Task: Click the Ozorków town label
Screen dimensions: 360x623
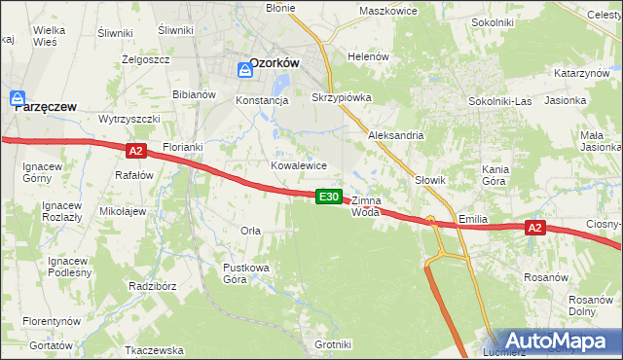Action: (x=274, y=62)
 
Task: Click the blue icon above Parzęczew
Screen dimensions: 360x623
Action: (x=17, y=98)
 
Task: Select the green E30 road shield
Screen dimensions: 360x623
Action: (x=329, y=197)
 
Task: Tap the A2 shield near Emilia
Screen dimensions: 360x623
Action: (x=533, y=228)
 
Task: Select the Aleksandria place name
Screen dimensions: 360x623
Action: (x=395, y=135)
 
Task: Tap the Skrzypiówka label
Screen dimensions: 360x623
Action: (x=341, y=98)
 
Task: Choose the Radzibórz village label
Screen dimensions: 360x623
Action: (x=151, y=286)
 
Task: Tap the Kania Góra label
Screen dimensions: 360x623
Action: (x=495, y=175)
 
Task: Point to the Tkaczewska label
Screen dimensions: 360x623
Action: (x=155, y=349)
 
